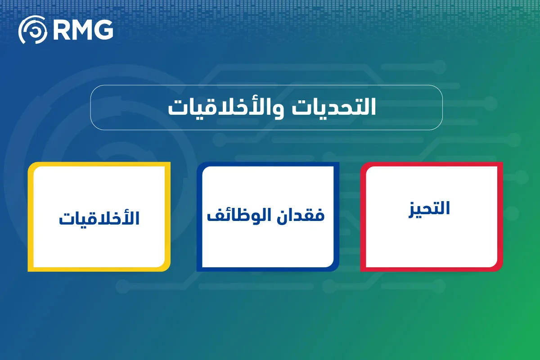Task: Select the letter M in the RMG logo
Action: [x=83, y=31]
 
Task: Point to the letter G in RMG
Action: [x=104, y=31]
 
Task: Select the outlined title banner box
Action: [x=266, y=108]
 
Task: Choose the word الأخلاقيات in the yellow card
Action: [x=99, y=218]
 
